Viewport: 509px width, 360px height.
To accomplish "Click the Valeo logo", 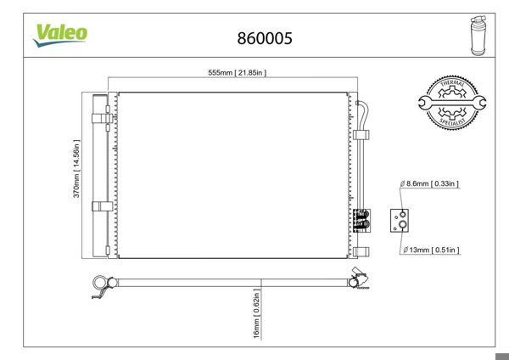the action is pyautogui.click(x=60, y=36).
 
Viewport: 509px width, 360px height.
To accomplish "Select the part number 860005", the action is pyautogui.click(x=265, y=38).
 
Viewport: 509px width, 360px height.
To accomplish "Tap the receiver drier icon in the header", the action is pyautogui.click(x=478, y=36).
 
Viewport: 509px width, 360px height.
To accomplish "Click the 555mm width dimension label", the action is pyautogui.click(x=238, y=73).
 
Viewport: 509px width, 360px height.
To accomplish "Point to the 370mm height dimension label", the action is pyautogui.click(x=76, y=168).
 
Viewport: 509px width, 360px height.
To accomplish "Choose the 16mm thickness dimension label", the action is pyautogui.click(x=257, y=313).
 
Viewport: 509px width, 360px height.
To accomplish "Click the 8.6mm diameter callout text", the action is pyautogui.click(x=429, y=183).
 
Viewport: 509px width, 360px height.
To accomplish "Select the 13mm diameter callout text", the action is pyautogui.click(x=431, y=250).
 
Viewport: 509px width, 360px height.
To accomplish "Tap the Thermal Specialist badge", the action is pyautogui.click(x=452, y=103).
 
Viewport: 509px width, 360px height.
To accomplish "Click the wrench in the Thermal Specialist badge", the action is pyautogui.click(x=452, y=103).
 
